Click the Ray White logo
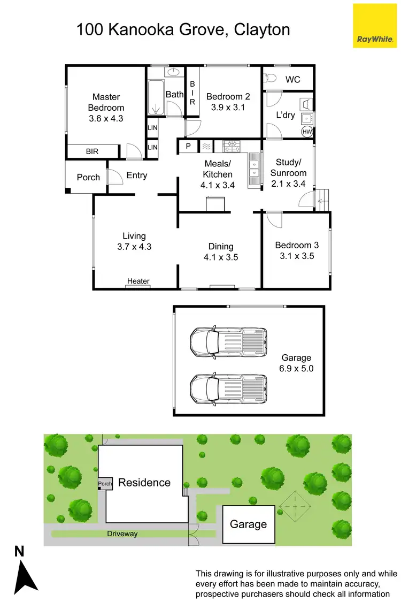tap(375, 26)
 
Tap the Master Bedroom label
tap(106, 102)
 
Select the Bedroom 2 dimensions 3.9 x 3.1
tap(228, 107)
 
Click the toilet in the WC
tap(270, 79)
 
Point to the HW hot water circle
tap(307, 131)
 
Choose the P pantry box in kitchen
tap(188, 146)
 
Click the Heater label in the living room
tap(138, 281)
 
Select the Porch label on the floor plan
tap(88, 177)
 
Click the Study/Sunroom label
tap(288, 167)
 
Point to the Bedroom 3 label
tap(297, 246)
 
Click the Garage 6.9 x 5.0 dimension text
tap(296, 369)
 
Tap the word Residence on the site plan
tap(144, 483)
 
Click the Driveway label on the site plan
tap(122, 534)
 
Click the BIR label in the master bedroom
tap(92, 152)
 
